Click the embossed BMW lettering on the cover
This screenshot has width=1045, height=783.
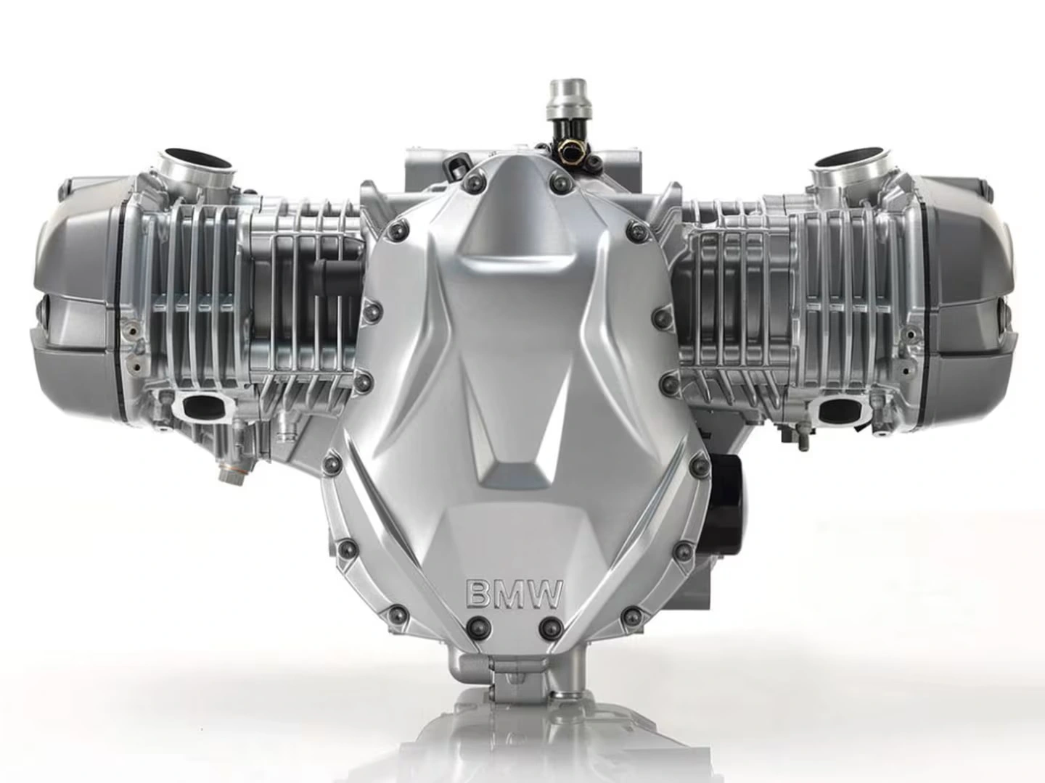click(513, 593)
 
